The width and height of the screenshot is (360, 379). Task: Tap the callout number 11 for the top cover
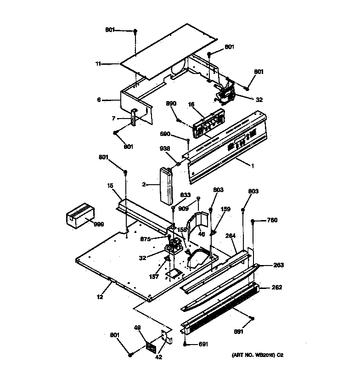click(98, 64)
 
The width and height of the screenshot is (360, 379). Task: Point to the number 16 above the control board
click(192, 105)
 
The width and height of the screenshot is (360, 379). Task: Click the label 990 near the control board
click(171, 104)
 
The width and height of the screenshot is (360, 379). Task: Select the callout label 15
click(111, 186)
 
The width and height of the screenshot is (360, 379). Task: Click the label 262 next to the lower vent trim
click(277, 288)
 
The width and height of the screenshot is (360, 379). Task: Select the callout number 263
click(279, 265)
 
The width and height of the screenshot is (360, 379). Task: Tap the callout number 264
click(231, 236)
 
